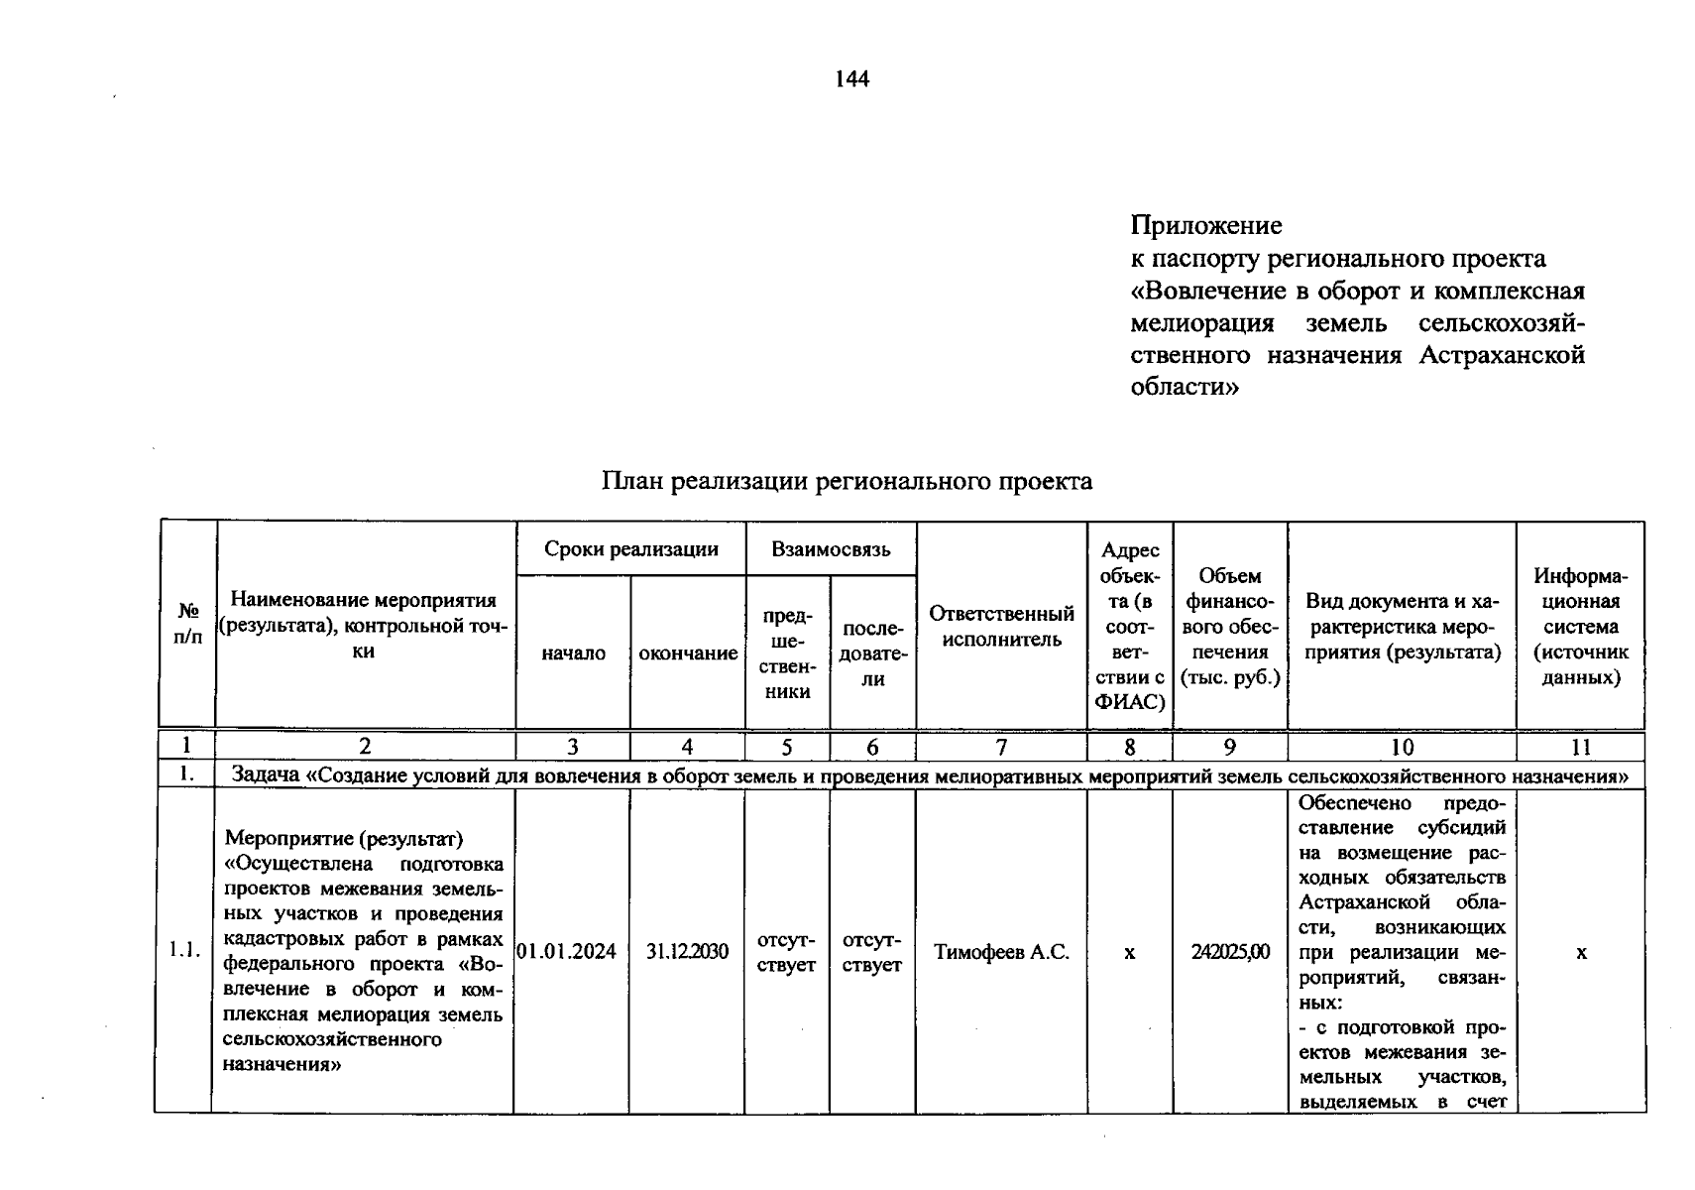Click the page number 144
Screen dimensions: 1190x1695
tap(851, 79)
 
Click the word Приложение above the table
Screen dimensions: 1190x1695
tap(1206, 226)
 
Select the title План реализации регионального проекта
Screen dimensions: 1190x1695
tap(847, 482)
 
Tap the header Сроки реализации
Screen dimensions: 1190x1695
tap(630, 549)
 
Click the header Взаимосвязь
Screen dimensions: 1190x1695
tap(831, 549)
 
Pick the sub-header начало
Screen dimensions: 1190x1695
tap(573, 654)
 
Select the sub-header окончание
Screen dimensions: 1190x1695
tap(688, 654)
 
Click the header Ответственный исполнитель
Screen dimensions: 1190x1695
tap(1001, 627)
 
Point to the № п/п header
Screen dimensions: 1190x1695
tap(187, 625)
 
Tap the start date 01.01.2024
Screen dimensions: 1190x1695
tap(567, 952)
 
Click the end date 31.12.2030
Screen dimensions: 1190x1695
tap(687, 952)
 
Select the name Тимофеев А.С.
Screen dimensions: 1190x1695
tap(1001, 952)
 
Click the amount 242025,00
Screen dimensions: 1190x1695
tap(1230, 952)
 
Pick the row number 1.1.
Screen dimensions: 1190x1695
tap(184, 950)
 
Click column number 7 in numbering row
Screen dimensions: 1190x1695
tap(1001, 748)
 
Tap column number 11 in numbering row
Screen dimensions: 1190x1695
tap(1580, 748)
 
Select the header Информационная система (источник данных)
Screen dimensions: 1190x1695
tap(1580, 627)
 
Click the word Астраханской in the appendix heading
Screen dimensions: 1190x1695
tap(1502, 355)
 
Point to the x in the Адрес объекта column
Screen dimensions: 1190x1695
tap(1129, 952)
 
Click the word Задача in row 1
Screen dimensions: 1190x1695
tap(265, 775)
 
